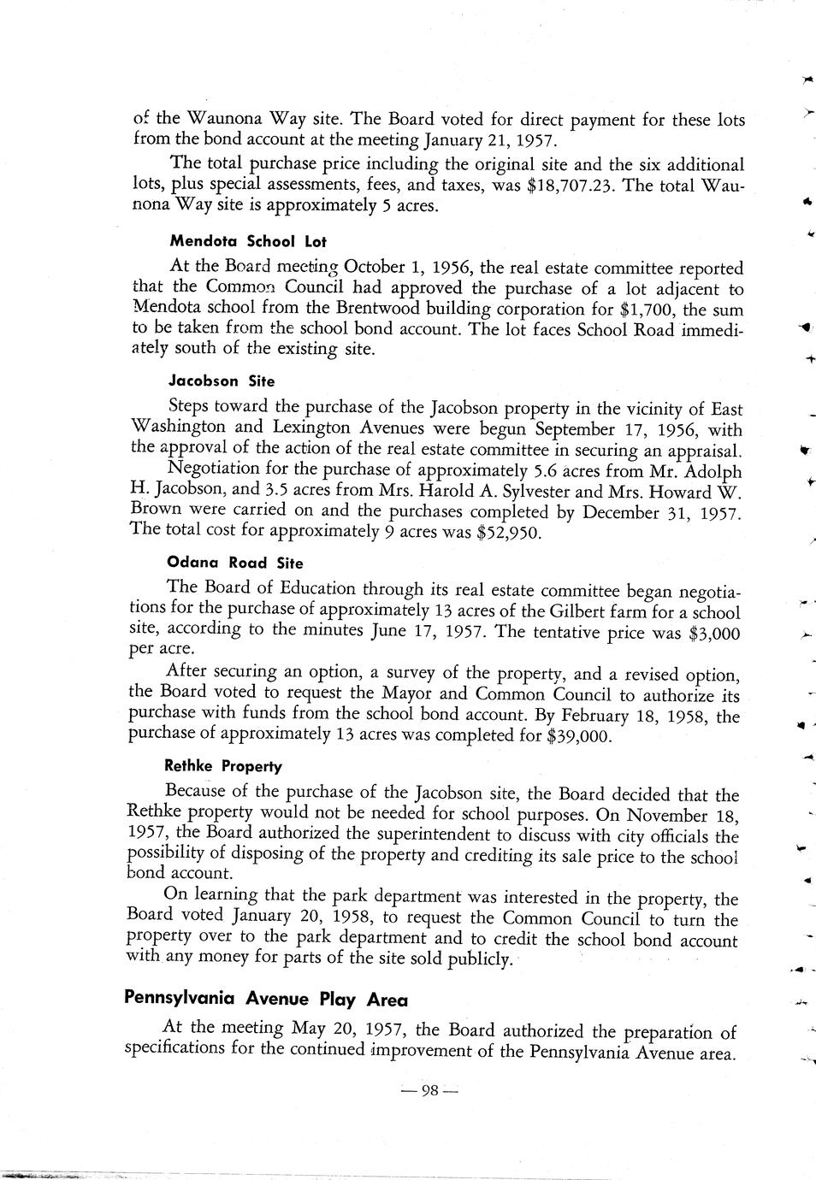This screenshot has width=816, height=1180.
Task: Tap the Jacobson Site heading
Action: point(222,381)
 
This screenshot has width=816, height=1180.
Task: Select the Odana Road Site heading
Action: point(235,563)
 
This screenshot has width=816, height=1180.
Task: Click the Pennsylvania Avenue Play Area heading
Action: point(266,999)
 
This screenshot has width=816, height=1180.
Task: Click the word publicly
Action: point(480,960)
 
